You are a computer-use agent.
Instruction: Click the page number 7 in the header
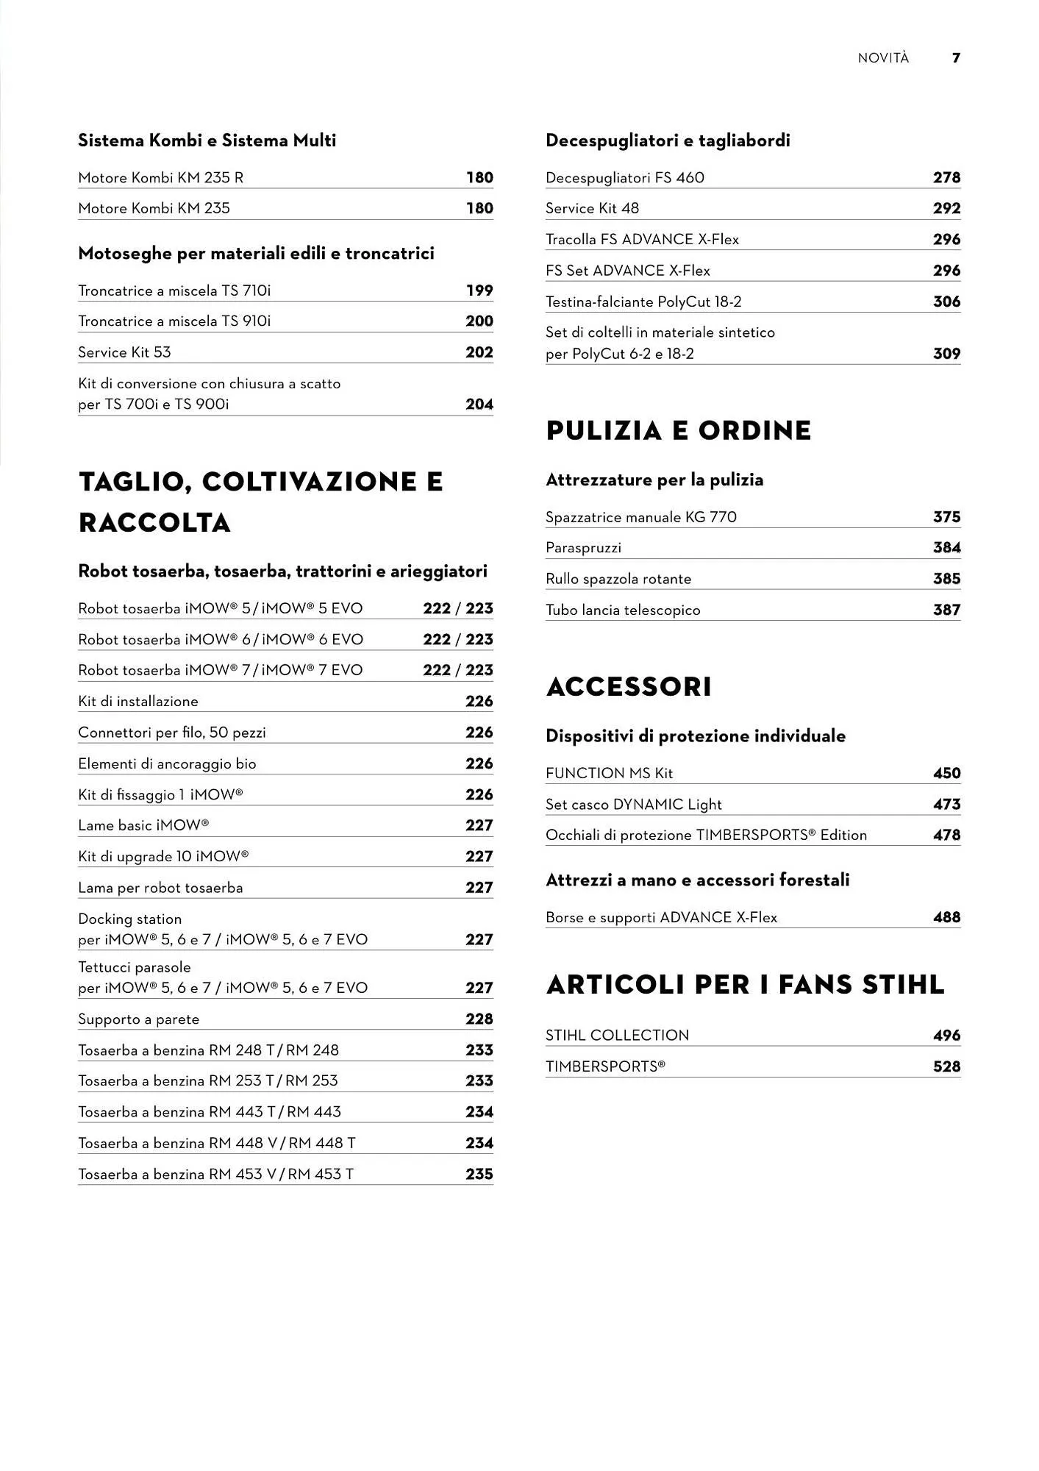coord(956,58)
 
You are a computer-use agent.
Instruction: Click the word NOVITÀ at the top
coord(883,58)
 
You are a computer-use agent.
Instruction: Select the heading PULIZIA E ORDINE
coord(678,431)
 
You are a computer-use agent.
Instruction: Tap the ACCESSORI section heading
coord(629,687)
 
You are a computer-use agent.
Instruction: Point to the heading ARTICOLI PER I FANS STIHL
coord(745,985)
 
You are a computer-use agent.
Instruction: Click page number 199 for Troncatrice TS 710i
coord(479,291)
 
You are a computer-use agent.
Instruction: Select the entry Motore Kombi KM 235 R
coord(161,178)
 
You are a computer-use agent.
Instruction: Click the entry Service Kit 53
coord(124,352)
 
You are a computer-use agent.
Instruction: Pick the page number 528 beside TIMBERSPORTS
coord(946,1066)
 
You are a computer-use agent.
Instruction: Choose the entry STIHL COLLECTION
coord(617,1036)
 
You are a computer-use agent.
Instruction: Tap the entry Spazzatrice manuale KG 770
coord(640,517)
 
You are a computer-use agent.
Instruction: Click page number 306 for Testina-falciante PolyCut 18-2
coord(946,302)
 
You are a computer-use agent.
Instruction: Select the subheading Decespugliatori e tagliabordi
coord(668,140)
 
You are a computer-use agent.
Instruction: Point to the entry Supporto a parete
coord(138,1019)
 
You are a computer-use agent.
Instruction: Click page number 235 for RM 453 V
coord(479,1175)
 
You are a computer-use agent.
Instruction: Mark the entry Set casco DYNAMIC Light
coord(633,805)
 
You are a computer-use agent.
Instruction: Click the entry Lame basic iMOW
coord(143,825)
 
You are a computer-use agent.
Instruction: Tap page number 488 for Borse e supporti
coord(946,917)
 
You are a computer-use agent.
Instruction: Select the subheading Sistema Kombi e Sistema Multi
coord(207,140)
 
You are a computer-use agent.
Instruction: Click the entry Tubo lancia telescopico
coord(623,610)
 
